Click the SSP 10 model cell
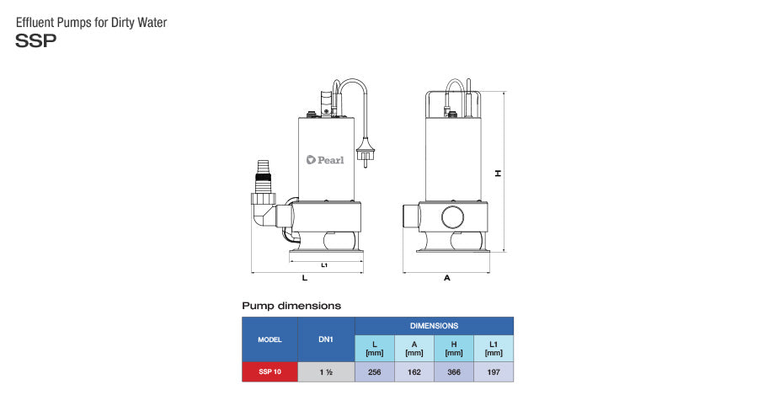pyautogui.click(x=270, y=371)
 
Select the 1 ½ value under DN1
pyautogui.click(x=326, y=371)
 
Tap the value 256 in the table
pyautogui.click(x=375, y=371)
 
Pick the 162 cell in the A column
pyautogui.click(x=414, y=371)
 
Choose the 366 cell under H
pyautogui.click(x=454, y=371)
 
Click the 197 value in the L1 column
pyautogui.click(x=494, y=371)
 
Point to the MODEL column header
pyautogui.click(x=270, y=339)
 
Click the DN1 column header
pyautogui.click(x=326, y=339)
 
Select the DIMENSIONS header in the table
pyautogui.click(x=434, y=326)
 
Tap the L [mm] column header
pyautogui.click(x=375, y=349)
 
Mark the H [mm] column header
pyautogui.click(x=454, y=349)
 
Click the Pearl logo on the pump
pyautogui.click(x=325, y=159)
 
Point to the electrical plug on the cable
pyautogui.click(x=364, y=152)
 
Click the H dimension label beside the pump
pyautogui.click(x=498, y=173)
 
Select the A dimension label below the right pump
pyautogui.click(x=447, y=278)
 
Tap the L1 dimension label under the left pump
pyautogui.click(x=324, y=265)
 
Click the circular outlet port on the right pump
pyautogui.click(x=452, y=217)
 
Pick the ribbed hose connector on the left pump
pyautogui.click(x=263, y=177)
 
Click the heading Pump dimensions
pyautogui.click(x=291, y=306)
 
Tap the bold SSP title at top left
pyautogui.click(x=35, y=40)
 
